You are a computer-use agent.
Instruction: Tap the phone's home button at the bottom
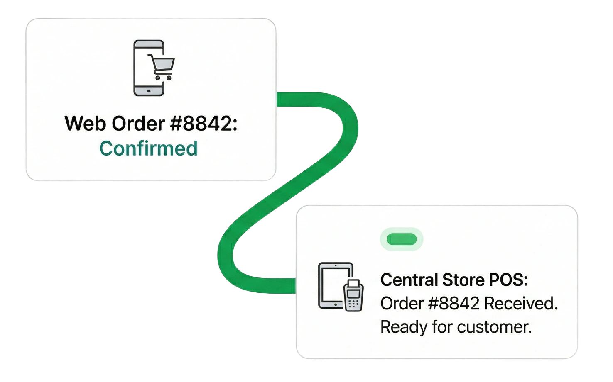[x=149, y=90]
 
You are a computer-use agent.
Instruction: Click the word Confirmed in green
[x=148, y=148]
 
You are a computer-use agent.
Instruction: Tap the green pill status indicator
[x=401, y=239]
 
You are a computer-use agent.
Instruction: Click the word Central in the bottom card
[x=409, y=280]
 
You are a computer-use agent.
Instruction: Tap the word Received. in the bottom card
[x=521, y=304]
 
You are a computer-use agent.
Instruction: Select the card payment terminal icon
[x=353, y=296]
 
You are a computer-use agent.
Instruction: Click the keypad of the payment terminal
[x=353, y=304]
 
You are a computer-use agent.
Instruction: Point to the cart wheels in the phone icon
[x=163, y=78]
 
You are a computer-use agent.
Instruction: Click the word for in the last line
[x=442, y=327]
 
